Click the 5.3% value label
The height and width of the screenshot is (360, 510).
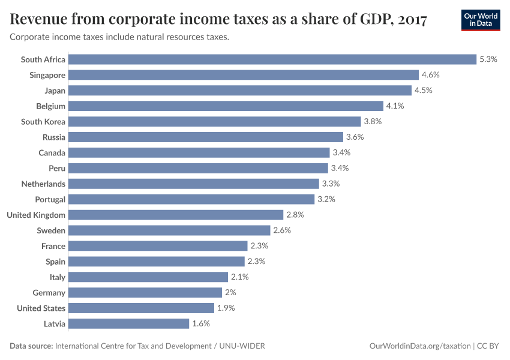click(x=488, y=59)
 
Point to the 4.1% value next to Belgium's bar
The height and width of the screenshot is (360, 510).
click(x=395, y=106)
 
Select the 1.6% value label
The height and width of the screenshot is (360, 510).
click(x=201, y=323)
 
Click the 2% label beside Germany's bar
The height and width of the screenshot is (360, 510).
click(x=230, y=292)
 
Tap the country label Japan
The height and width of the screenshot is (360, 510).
click(x=55, y=91)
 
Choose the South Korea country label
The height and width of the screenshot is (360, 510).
click(x=43, y=122)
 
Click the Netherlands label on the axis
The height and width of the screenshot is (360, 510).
click(x=43, y=184)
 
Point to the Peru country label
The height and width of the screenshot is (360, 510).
click(x=57, y=168)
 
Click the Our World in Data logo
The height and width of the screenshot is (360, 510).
click(x=480, y=20)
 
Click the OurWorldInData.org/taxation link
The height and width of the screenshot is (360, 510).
click(x=419, y=346)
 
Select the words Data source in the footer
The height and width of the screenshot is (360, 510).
click(x=31, y=346)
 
